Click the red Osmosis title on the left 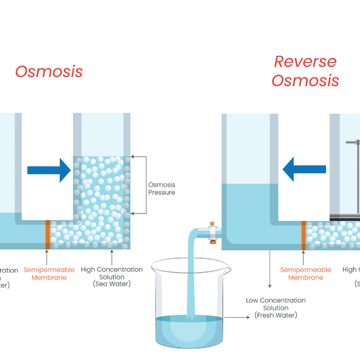[x=49, y=71]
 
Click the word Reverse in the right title [x=305, y=62]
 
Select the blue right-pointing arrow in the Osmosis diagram [x=49, y=170]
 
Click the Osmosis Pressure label [x=161, y=188]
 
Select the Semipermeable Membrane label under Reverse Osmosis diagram [x=305, y=274]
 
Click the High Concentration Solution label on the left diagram [x=112, y=273]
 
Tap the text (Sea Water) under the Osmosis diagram [x=112, y=283]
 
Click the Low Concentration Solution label [x=276, y=304]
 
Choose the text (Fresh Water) [x=276, y=315]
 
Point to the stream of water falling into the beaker [x=191, y=278]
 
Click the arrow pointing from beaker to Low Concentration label [x=237, y=317]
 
